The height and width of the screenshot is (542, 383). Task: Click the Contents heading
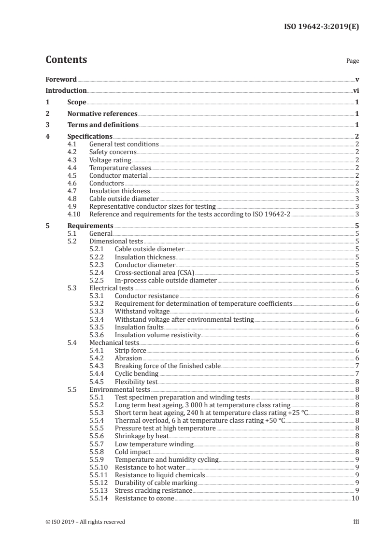pos(66,60)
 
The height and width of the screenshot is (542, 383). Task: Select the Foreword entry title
pos(61,79)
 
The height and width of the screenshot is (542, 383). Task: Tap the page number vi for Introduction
pos(356,90)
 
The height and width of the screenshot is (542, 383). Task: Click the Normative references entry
pos(102,114)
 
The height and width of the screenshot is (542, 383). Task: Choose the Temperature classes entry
pos(120,168)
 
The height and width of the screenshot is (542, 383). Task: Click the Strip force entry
pos(130,350)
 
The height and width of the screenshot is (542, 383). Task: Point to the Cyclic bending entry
pos(136,374)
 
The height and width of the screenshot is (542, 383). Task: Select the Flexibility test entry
pos(136,382)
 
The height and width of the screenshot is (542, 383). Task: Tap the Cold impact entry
pos(133,452)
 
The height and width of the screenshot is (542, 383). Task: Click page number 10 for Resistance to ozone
pos(355,498)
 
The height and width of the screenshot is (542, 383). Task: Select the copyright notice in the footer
pos(85,522)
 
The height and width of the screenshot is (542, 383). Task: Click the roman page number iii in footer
pos(356,522)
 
